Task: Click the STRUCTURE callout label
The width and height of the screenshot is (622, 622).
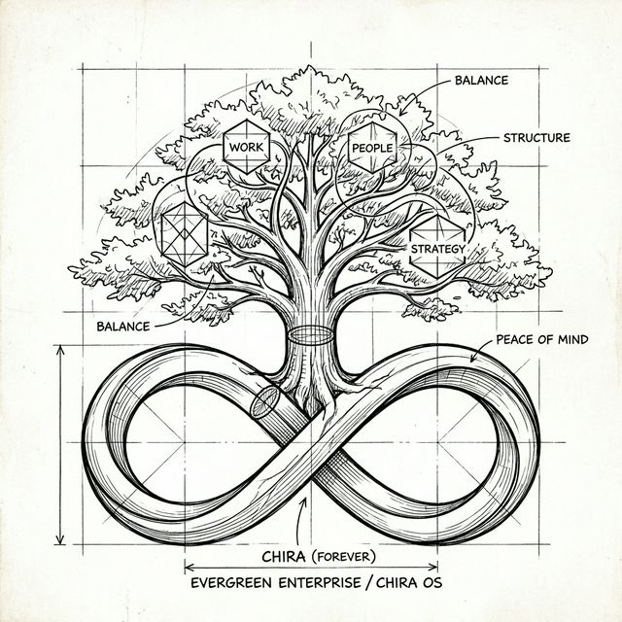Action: pos(536,138)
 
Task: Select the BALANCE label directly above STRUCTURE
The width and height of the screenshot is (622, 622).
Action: pos(480,80)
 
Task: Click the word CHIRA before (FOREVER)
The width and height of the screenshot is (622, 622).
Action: pos(287,558)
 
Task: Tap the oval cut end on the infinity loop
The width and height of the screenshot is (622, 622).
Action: pos(263,401)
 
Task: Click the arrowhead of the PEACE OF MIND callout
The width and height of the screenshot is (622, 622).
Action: pos(473,361)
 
